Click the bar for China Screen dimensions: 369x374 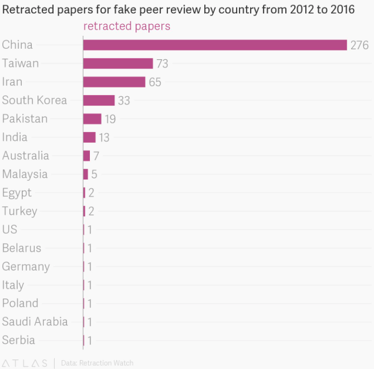click(x=215, y=45)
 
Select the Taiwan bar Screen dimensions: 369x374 click(x=118, y=63)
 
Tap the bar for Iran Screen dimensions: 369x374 click(x=114, y=82)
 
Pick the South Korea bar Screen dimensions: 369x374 click(x=99, y=100)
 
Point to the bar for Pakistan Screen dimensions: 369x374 click(x=92, y=119)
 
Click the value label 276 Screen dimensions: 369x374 click(x=359, y=45)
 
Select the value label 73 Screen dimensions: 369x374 click(x=162, y=64)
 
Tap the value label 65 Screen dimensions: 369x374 click(x=155, y=82)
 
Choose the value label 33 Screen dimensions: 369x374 click(x=124, y=101)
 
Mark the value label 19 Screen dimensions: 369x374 click(x=110, y=119)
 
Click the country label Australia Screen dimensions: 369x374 click(x=26, y=155)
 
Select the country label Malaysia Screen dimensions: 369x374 click(x=25, y=174)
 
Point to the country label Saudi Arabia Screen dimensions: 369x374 click(x=35, y=321)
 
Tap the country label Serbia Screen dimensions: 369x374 click(x=18, y=340)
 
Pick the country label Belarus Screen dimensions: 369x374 click(x=22, y=248)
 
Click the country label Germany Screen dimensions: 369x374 click(x=26, y=267)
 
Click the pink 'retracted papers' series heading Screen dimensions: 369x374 click(x=127, y=26)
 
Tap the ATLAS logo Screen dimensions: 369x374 click(x=25, y=363)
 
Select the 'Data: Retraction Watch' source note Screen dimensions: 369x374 click(x=97, y=363)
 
